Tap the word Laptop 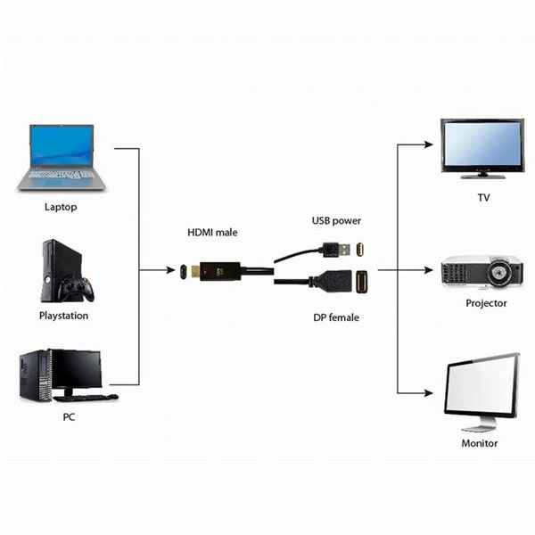point(61,207)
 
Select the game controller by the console point(76,289)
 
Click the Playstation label point(64,316)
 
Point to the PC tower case point(36,375)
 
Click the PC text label point(69,417)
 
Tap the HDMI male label point(212,233)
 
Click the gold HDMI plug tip point(195,272)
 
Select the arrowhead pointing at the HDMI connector point(170,270)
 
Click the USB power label point(336,221)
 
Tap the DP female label point(336,317)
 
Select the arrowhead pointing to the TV point(429,144)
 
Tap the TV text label point(483,198)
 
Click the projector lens point(500,272)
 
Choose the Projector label point(486,303)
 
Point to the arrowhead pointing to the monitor point(429,392)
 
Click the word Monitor point(480,443)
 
